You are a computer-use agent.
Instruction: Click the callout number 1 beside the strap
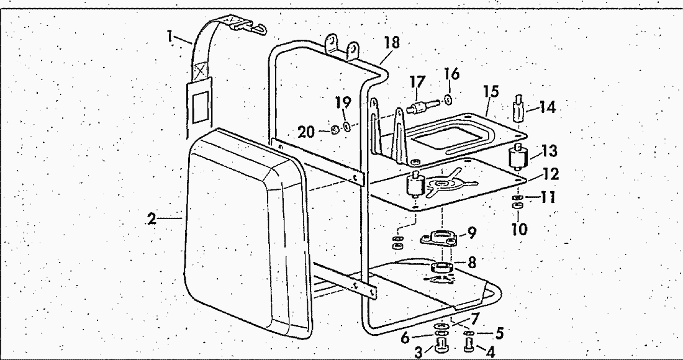[x=170, y=37]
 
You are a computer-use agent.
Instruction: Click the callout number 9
[x=472, y=233]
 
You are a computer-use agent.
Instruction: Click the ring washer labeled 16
[x=449, y=99]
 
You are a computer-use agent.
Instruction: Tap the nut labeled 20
[x=333, y=129]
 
